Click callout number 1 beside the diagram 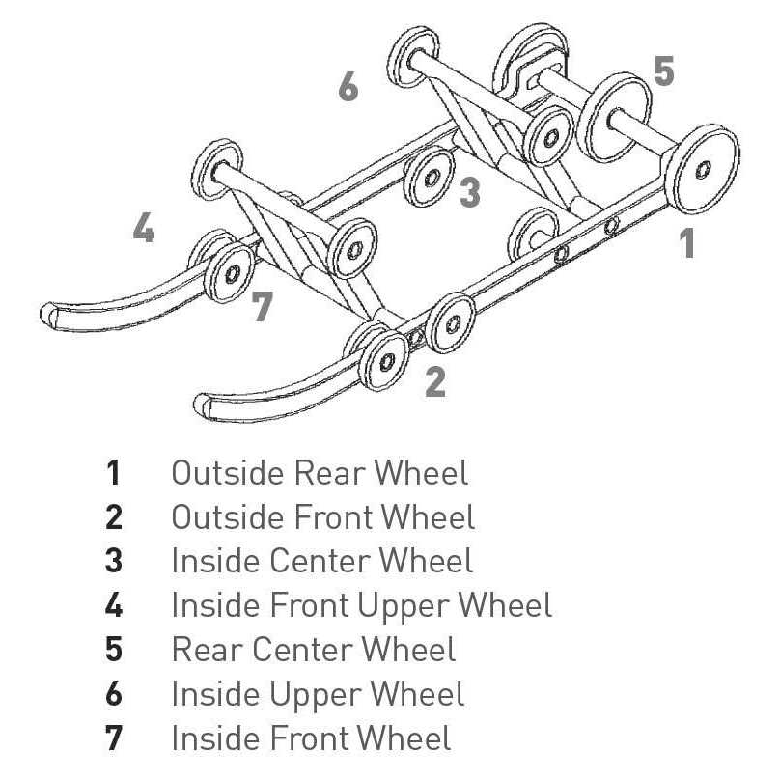(686, 241)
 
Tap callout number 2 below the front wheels (435, 382)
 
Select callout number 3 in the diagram (469, 192)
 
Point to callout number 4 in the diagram (143, 230)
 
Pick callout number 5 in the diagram (663, 71)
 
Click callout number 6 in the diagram (348, 86)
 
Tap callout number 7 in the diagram (262, 307)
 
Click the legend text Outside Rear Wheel (320, 473)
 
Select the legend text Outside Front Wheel (323, 517)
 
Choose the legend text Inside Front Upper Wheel (361, 606)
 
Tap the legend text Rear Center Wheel (314, 650)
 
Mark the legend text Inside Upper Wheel (318, 694)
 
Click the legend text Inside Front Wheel (311, 738)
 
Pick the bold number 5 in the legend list (114, 650)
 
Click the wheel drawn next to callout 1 (704, 169)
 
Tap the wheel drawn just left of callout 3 (430, 178)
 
